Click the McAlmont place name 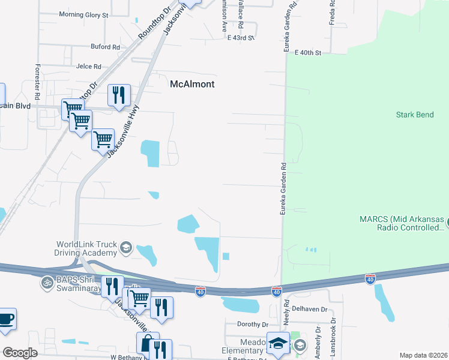coord(192,84)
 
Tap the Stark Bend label coord(415,115)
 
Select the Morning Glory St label coord(83,14)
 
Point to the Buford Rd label coord(105,47)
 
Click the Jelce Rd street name coord(89,67)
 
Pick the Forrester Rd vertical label coord(37,82)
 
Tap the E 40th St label coord(308,53)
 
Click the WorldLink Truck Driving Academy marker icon coord(126,247)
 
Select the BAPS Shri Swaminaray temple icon coord(47,281)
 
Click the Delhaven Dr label coord(310,310)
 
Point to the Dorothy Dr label coord(252,324)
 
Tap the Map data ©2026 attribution coord(423,355)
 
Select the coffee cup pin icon coord(6,319)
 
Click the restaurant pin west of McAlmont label coord(119,94)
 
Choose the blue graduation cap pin coord(278,343)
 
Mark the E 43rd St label coord(241,37)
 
